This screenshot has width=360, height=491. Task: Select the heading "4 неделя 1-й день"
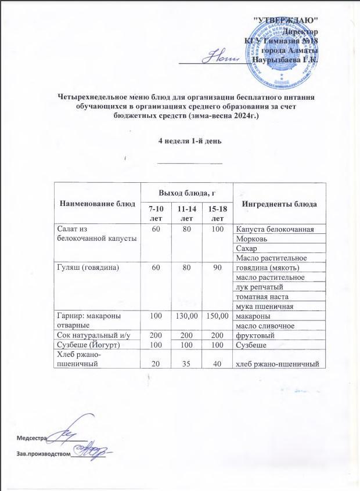coord(190,141)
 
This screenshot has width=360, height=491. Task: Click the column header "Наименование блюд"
coord(96,204)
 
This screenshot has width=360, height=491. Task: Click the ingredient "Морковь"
coord(249,239)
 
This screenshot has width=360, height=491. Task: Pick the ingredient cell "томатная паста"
coord(258,296)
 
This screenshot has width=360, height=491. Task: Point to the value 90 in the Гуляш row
coord(217,267)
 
